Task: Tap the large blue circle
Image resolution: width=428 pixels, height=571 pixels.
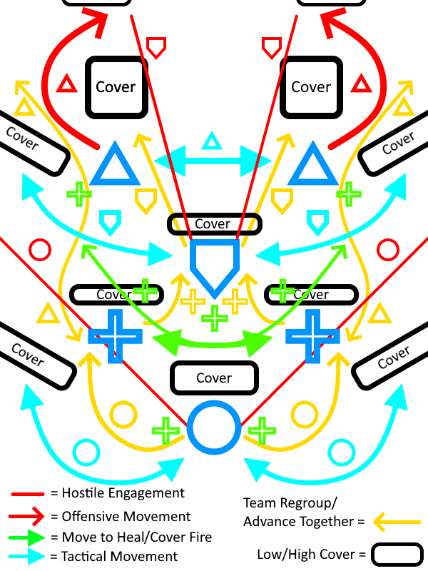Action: pyautogui.click(x=213, y=428)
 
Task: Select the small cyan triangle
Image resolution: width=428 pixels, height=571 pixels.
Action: pyautogui.click(x=211, y=141)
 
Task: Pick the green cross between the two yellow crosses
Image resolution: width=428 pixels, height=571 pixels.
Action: pyautogui.click(x=212, y=317)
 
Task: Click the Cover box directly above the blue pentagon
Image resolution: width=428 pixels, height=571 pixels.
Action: pyautogui.click(x=214, y=224)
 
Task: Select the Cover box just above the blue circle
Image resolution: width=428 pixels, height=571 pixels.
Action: pyautogui.click(x=213, y=378)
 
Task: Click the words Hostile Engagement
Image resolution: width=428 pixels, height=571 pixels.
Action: pyautogui.click(x=123, y=493)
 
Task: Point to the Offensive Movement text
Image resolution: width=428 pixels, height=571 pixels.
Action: pyautogui.click(x=126, y=516)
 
